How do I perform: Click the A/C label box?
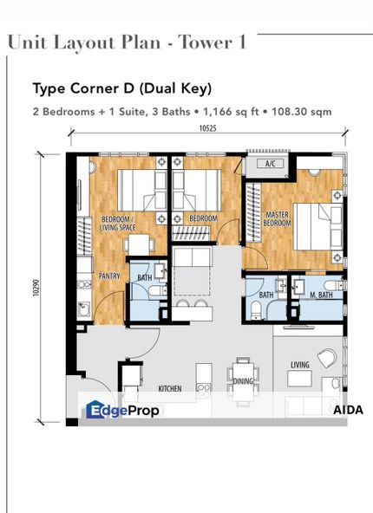point(270,163)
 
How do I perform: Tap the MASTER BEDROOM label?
point(277,219)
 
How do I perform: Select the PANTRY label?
point(109,276)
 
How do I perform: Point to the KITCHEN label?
point(170,388)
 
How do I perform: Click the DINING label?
point(243,381)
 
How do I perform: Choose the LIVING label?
point(300,365)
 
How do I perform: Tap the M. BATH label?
point(321,295)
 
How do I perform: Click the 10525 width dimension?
point(208,128)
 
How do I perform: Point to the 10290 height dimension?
point(36,288)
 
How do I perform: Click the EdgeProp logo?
point(122,410)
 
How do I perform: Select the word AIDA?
point(348,410)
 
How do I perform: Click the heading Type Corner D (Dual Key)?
point(122,88)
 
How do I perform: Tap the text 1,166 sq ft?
point(232,112)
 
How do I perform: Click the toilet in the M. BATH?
point(334,285)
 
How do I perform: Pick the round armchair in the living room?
point(327,358)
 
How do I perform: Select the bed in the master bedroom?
point(317,226)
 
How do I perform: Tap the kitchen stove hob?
point(204,387)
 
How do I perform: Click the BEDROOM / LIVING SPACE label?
point(118,223)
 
